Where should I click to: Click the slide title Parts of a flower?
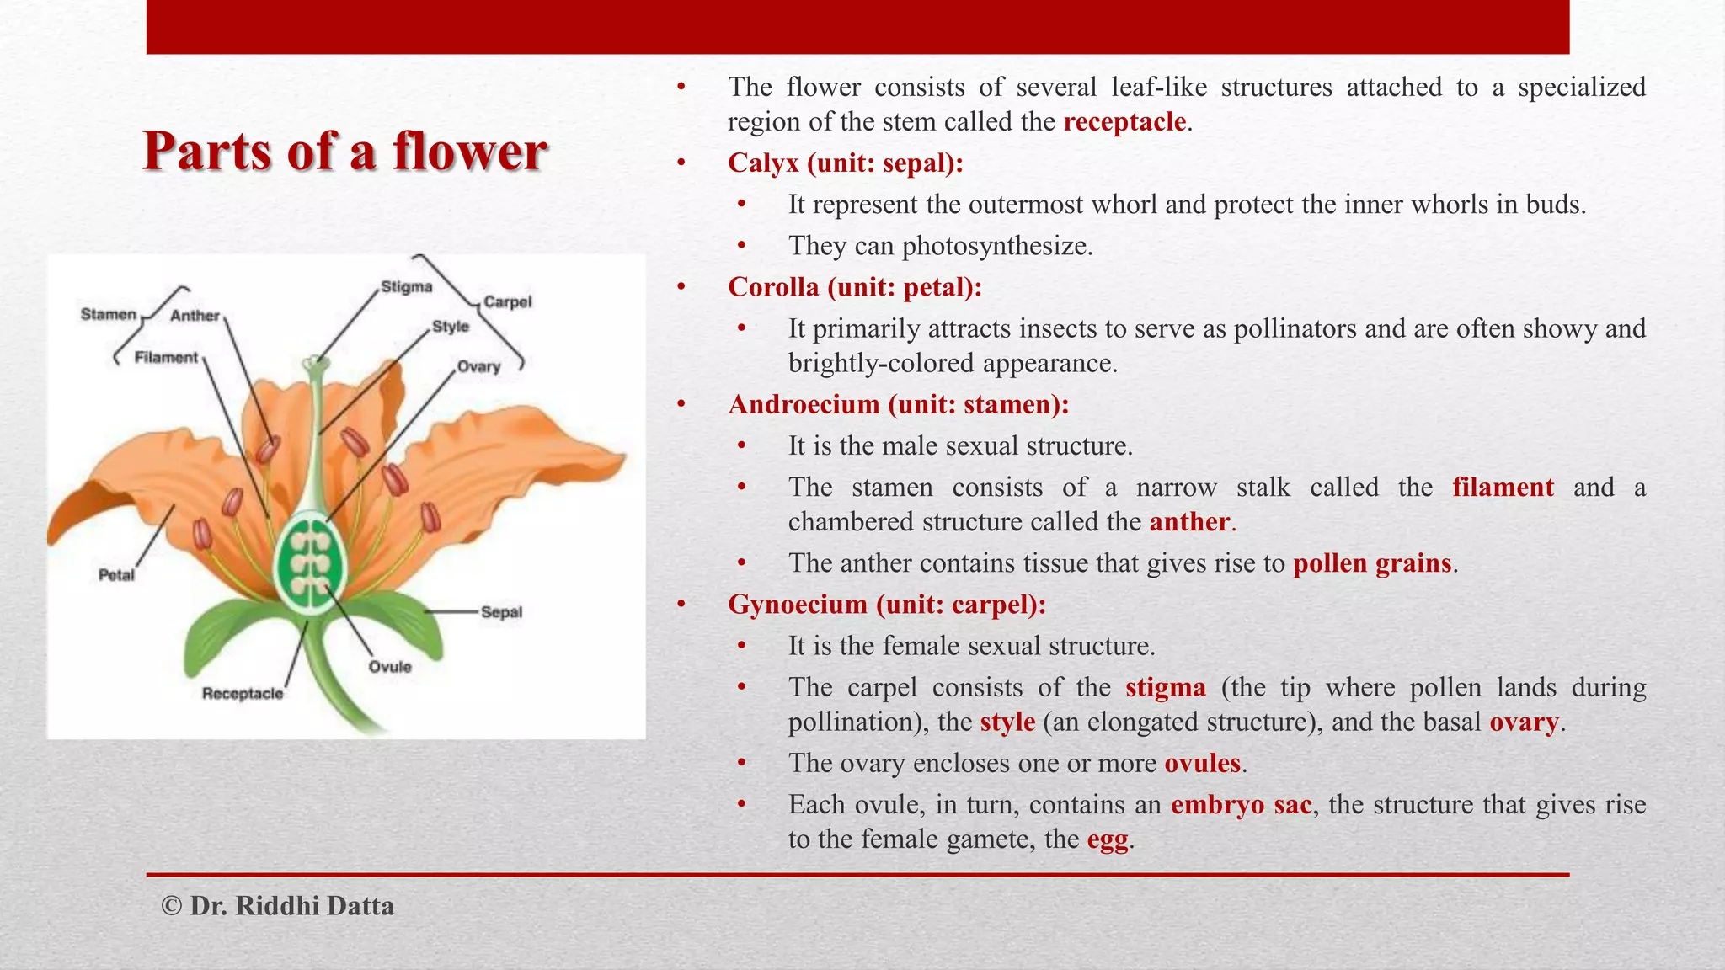345,152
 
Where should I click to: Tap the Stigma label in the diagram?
407,287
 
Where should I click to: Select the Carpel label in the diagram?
508,301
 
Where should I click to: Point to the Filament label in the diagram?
166,357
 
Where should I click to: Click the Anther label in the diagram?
195,316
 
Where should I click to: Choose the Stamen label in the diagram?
109,314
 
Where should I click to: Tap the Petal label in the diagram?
116,575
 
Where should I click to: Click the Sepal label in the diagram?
501,612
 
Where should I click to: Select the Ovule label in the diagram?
390,667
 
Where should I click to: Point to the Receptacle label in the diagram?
243,694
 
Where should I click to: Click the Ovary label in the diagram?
478,366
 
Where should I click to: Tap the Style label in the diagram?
451,327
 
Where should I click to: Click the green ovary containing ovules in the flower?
311,563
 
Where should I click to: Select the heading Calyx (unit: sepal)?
846,163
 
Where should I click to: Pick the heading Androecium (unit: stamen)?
899,405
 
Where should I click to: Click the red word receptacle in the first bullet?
1124,122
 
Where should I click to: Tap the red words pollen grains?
1372,563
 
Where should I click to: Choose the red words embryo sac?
1242,805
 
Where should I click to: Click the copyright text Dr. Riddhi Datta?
278,906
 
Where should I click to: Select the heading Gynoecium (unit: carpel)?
887,605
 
